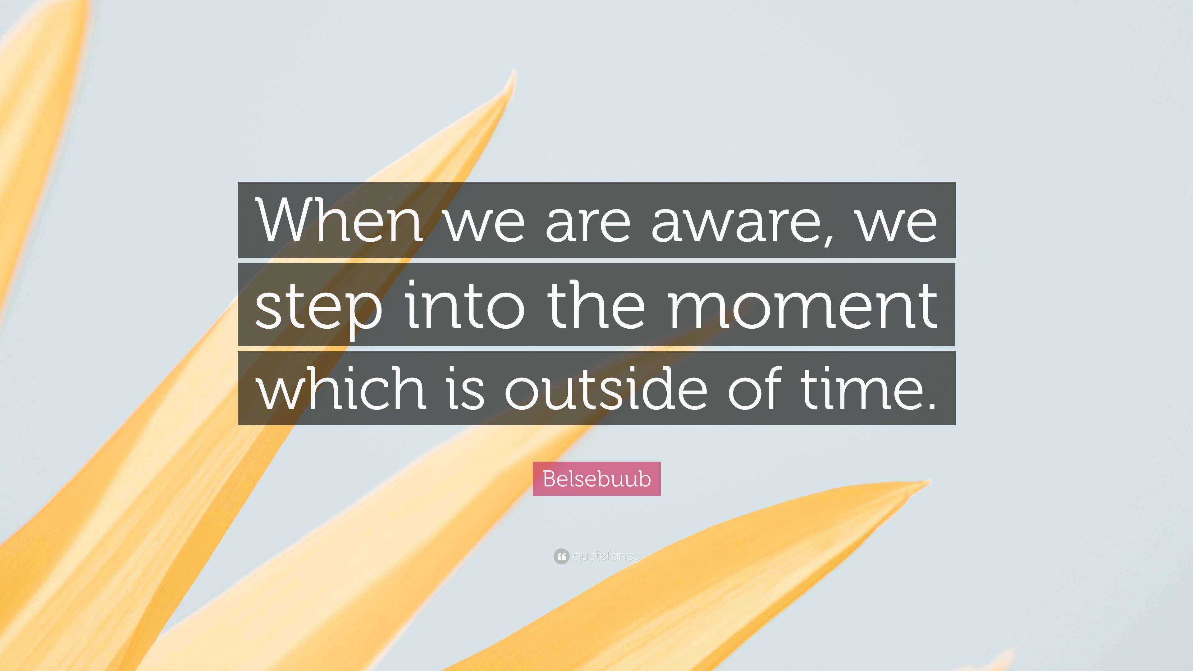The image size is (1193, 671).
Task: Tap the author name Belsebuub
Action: click(x=596, y=479)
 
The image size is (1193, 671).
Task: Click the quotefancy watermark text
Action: click(x=606, y=556)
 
